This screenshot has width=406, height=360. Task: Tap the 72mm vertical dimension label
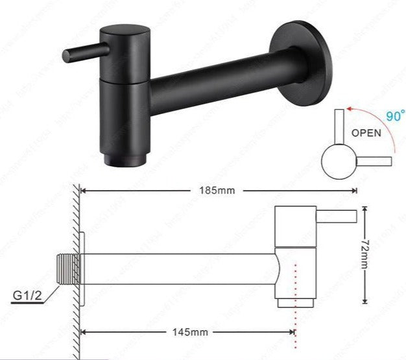point(366,254)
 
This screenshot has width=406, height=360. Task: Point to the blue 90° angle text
point(391,117)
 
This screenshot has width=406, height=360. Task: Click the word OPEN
point(366,133)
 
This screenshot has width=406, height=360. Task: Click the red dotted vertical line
point(296,298)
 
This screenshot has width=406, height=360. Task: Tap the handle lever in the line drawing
point(335,216)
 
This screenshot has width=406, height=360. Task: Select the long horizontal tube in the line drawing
point(182,269)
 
